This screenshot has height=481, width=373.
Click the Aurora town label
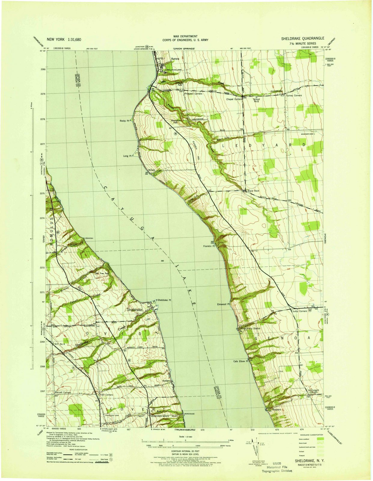[175, 59]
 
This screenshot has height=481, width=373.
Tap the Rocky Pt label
[124, 121]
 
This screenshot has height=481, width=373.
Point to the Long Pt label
[127, 156]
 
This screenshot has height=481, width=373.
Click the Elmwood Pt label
[223, 304]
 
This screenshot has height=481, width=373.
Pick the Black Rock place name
[253, 191]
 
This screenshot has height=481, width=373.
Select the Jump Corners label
[299, 311]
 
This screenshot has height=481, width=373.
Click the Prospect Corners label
[193, 94]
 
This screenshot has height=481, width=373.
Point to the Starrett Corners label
[63, 393]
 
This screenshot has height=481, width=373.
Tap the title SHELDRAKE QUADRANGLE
[303, 38]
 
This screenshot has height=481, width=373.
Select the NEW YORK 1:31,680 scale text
[64, 39]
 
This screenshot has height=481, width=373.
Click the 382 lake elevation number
[163, 261]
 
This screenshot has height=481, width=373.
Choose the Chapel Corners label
[234, 99]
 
